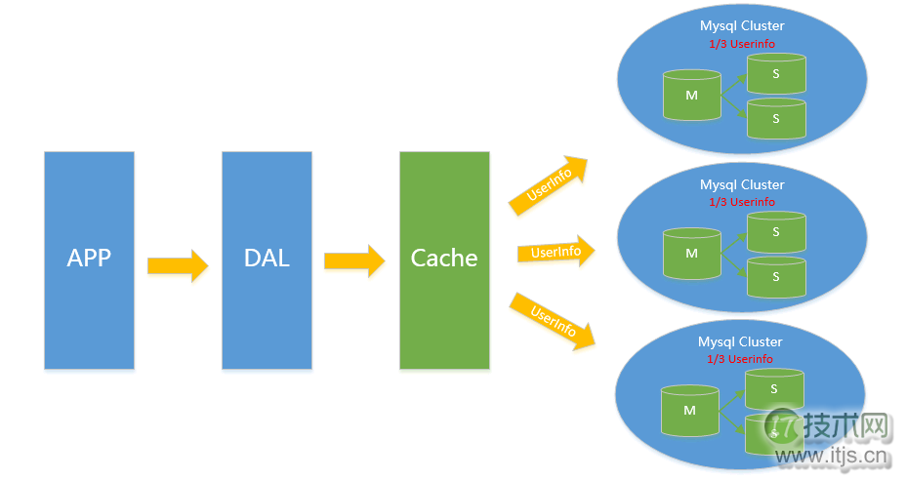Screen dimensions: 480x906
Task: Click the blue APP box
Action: pos(89,260)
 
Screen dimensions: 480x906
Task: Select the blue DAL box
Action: pos(267,260)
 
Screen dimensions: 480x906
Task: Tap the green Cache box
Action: pos(444,260)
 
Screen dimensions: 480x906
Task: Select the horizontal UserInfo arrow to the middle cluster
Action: pos(555,253)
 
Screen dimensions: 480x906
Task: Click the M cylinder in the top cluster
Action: pos(691,96)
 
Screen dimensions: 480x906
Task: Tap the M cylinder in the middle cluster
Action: pos(691,254)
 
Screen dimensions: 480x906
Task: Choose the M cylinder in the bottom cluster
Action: pos(689,411)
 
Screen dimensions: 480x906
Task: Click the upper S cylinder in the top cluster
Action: pos(776,74)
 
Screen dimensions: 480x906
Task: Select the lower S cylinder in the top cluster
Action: pos(776,118)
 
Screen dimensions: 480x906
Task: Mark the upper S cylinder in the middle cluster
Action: pos(776,232)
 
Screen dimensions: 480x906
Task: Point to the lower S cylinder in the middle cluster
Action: pos(776,277)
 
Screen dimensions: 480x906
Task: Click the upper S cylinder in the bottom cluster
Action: pos(774,389)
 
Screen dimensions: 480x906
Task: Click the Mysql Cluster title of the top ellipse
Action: pos(742,26)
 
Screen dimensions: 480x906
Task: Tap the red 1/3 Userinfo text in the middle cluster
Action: pos(742,202)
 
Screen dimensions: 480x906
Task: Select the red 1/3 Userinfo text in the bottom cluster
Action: pos(740,359)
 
